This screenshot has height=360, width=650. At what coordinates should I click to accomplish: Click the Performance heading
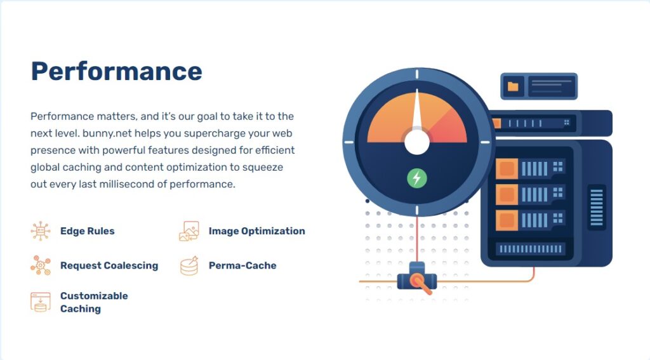click(117, 71)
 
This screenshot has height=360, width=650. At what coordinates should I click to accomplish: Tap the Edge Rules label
click(88, 231)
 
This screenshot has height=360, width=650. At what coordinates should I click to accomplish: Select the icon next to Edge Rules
click(41, 231)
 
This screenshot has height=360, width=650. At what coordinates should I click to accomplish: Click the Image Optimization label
click(257, 231)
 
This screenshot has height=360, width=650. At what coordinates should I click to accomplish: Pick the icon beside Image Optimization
click(189, 231)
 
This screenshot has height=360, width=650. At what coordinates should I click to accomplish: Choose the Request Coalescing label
click(109, 265)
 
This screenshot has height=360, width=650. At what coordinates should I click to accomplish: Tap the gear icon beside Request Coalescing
click(41, 265)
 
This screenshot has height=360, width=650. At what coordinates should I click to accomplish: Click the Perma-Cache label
click(242, 265)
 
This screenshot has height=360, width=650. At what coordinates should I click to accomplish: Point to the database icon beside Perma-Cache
click(189, 266)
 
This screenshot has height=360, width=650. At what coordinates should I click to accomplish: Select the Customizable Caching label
click(94, 302)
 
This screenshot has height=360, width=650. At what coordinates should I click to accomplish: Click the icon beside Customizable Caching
click(41, 302)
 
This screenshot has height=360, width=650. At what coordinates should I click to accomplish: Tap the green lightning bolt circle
click(417, 178)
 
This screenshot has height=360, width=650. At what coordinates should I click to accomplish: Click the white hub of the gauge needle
click(417, 142)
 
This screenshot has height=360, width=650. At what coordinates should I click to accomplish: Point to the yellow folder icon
click(513, 86)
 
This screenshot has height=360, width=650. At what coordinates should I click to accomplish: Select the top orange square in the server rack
click(507, 169)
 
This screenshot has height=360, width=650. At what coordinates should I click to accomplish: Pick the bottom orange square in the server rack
click(507, 220)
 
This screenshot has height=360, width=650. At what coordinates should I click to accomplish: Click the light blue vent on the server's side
click(597, 208)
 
